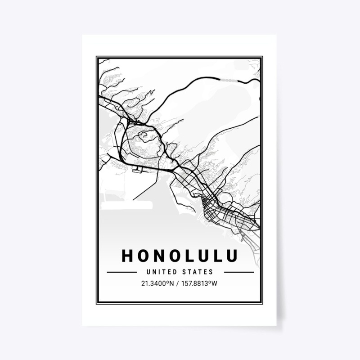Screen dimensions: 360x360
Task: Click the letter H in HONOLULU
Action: [127, 255]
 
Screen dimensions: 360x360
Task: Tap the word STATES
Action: [196, 272]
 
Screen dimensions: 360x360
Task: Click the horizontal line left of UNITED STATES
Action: [121, 272]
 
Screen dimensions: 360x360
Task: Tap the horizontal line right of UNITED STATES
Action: [238, 272]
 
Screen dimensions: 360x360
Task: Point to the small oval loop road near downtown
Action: [209, 198]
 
